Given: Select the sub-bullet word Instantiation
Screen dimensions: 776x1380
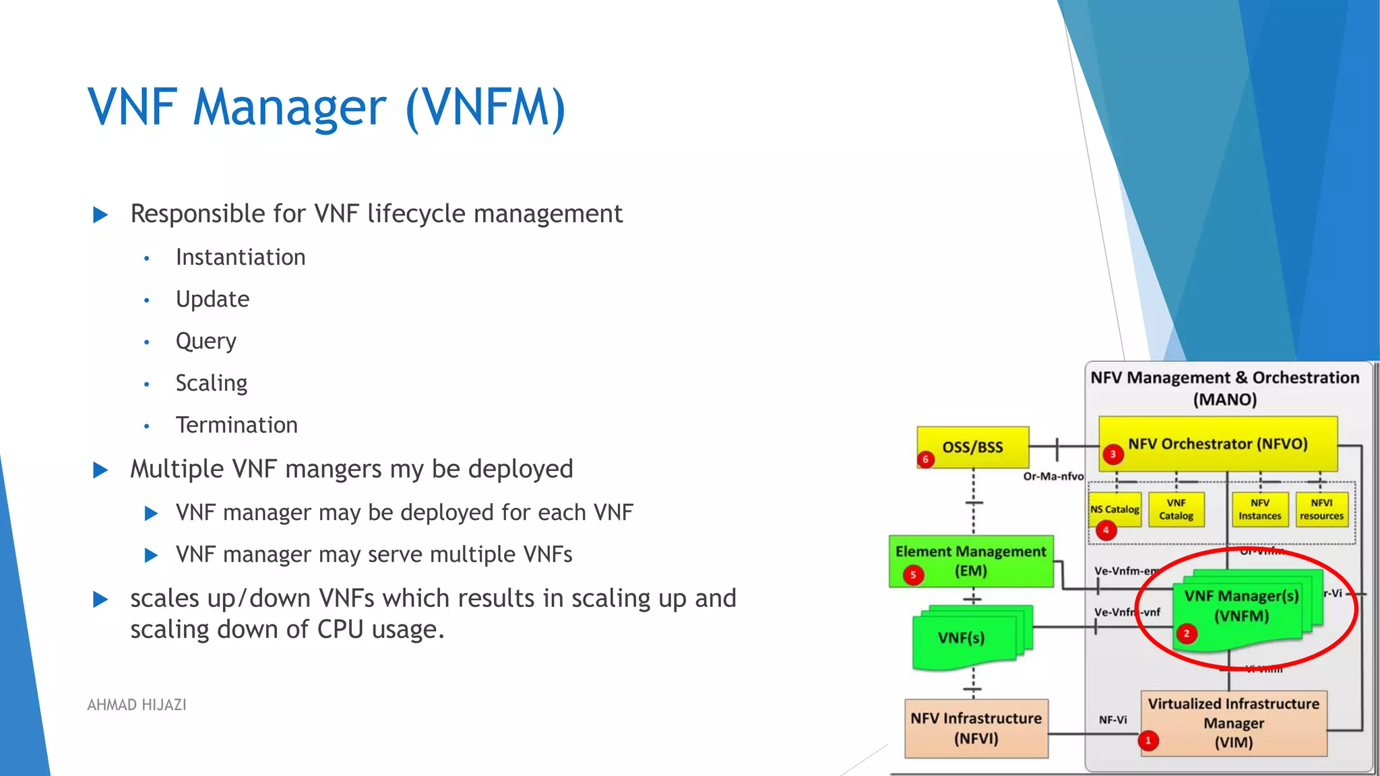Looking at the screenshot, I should (241, 257).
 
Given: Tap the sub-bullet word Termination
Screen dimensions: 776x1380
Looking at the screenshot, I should (237, 425).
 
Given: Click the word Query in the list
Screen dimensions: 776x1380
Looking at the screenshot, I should (206, 341).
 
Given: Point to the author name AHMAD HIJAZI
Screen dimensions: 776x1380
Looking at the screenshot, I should (137, 705).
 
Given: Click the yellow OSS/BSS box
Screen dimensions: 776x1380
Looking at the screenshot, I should (972, 447).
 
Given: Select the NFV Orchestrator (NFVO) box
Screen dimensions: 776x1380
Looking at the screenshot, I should (1218, 444).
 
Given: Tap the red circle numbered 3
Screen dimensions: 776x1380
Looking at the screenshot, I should (1112, 454).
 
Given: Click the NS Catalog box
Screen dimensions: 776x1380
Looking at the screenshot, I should (1115, 509).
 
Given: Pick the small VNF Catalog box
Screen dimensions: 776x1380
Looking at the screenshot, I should (1176, 509).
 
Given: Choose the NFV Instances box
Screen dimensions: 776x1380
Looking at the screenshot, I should (1259, 509).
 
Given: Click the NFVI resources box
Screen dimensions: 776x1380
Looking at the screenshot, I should (1321, 509).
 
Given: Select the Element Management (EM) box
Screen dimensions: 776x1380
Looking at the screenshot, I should (970, 560).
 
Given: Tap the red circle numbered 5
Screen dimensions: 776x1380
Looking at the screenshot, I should (913, 575).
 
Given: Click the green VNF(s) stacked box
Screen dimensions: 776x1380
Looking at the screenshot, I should (962, 638).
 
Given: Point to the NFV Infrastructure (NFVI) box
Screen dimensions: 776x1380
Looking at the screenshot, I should (976, 728).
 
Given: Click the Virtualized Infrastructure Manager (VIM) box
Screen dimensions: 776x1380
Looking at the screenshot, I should (1233, 723).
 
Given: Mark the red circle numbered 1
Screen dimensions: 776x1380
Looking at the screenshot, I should (1148, 740).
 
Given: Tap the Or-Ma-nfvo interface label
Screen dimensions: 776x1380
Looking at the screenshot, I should (1053, 476).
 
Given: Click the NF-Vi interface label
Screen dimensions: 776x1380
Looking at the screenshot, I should (1112, 719).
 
